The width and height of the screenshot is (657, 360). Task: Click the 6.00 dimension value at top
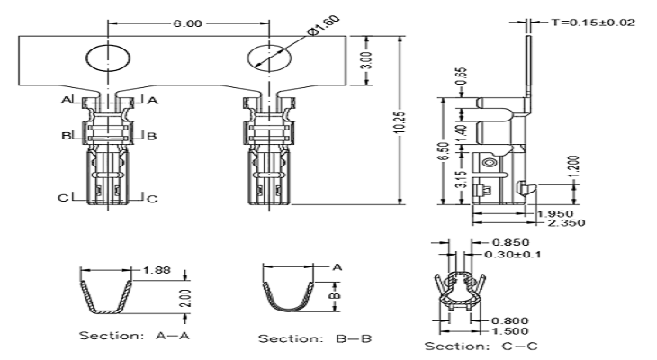tap(187, 23)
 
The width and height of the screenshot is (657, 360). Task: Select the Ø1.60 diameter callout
tap(323, 26)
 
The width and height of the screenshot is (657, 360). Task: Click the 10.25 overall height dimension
tap(400, 122)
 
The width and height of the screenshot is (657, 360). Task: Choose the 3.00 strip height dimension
tap(365, 61)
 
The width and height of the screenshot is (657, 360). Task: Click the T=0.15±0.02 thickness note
tap(593, 22)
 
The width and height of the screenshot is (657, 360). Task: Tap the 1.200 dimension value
tap(574, 166)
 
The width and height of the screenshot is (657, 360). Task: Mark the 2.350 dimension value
tap(566, 222)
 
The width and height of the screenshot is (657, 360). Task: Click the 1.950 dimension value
tap(554, 213)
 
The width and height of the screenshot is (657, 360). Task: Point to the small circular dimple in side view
tap(489, 163)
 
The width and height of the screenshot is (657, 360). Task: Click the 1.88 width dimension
tap(157, 269)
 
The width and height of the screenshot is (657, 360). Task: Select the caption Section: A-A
tap(134, 336)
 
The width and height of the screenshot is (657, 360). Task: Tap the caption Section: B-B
tap(315, 338)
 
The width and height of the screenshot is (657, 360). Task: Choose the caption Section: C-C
tap(481, 346)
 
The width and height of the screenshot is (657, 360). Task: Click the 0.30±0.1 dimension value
tap(512, 255)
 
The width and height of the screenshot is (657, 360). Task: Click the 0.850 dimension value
tap(511, 242)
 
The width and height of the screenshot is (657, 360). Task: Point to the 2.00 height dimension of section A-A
tap(185, 298)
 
